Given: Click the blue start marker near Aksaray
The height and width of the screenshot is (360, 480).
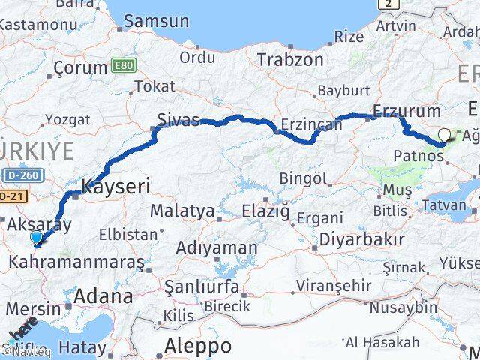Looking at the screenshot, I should coord(37,238).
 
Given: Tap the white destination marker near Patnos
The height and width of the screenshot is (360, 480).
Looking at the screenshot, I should coord(444,136).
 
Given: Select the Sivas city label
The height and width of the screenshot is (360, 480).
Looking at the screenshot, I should coord(178,120).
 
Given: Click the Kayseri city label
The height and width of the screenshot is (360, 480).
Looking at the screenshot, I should coord(115,185).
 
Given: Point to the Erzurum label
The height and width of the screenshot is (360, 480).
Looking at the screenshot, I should coord(394,110).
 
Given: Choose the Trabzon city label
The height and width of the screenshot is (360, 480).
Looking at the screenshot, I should coord(292,60).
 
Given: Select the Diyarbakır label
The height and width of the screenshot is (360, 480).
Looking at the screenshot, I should coord(362,240).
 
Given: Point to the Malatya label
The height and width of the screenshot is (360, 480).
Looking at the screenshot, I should coord(182,211).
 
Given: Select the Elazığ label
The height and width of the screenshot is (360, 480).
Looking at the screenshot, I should coord(265,212).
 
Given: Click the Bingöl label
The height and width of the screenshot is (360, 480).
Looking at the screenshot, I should coord(303,178).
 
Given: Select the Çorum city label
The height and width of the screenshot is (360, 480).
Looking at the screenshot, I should coord(80,67).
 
